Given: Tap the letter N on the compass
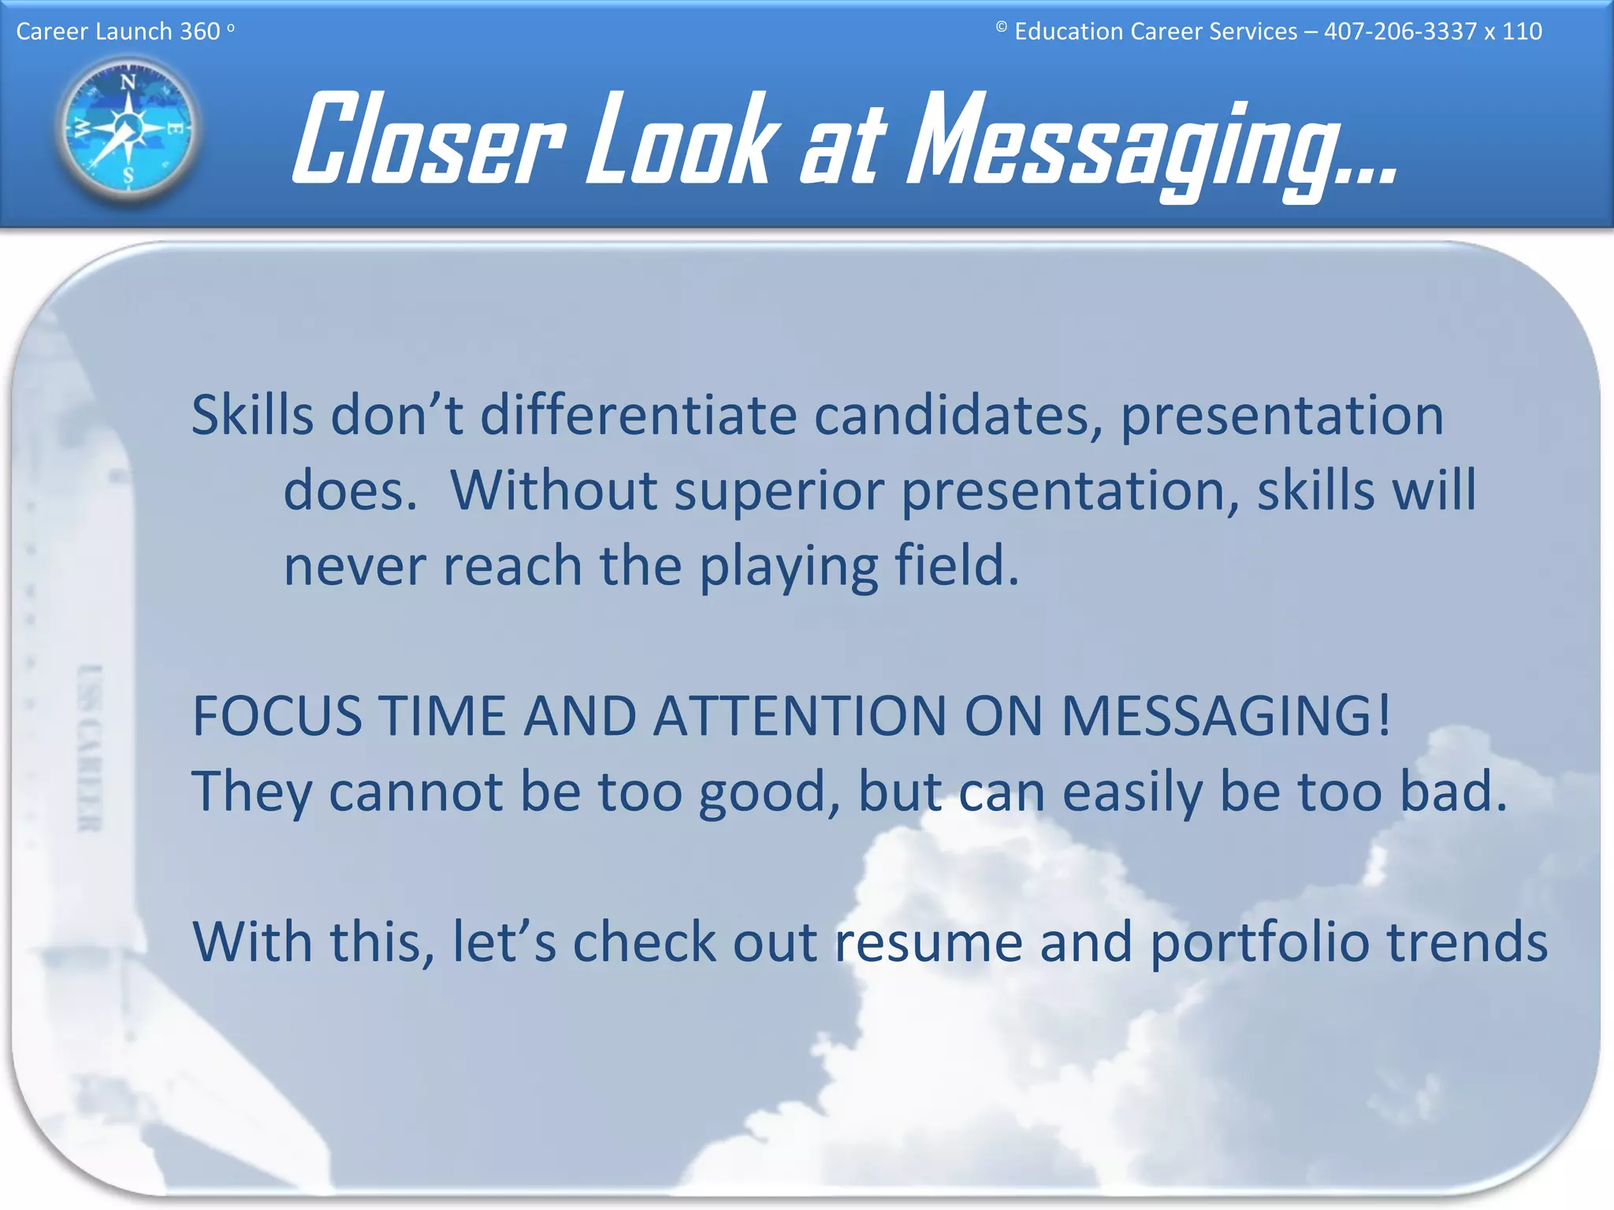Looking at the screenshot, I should click(128, 82).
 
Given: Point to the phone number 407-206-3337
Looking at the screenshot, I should click(1400, 32).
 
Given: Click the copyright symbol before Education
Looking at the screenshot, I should click(1001, 27).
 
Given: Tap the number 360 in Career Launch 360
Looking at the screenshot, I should click(200, 32).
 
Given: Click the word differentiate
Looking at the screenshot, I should click(638, 415).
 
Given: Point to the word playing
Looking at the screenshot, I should click(788, 567).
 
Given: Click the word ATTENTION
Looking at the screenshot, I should click(799, 716).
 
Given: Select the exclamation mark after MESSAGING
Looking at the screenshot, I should click(1384, 714).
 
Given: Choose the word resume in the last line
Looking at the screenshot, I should click(928, 942).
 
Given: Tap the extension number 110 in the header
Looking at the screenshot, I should click(1522, 32).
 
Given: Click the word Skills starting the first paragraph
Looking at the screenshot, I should click(252, 415).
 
